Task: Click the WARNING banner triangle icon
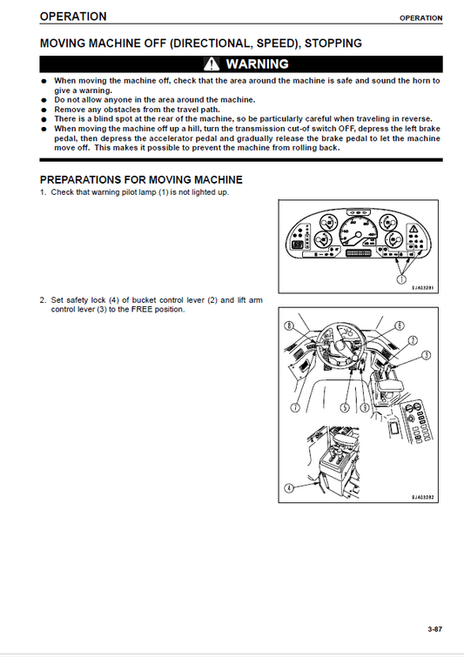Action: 212,64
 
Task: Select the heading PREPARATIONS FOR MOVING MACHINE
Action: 141,179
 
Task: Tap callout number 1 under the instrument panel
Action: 401,278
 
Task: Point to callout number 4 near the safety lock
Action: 288,490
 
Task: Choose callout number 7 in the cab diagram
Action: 296,407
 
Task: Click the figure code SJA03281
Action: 423,287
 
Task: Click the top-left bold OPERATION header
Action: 73,17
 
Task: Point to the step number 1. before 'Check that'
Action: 44,191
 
